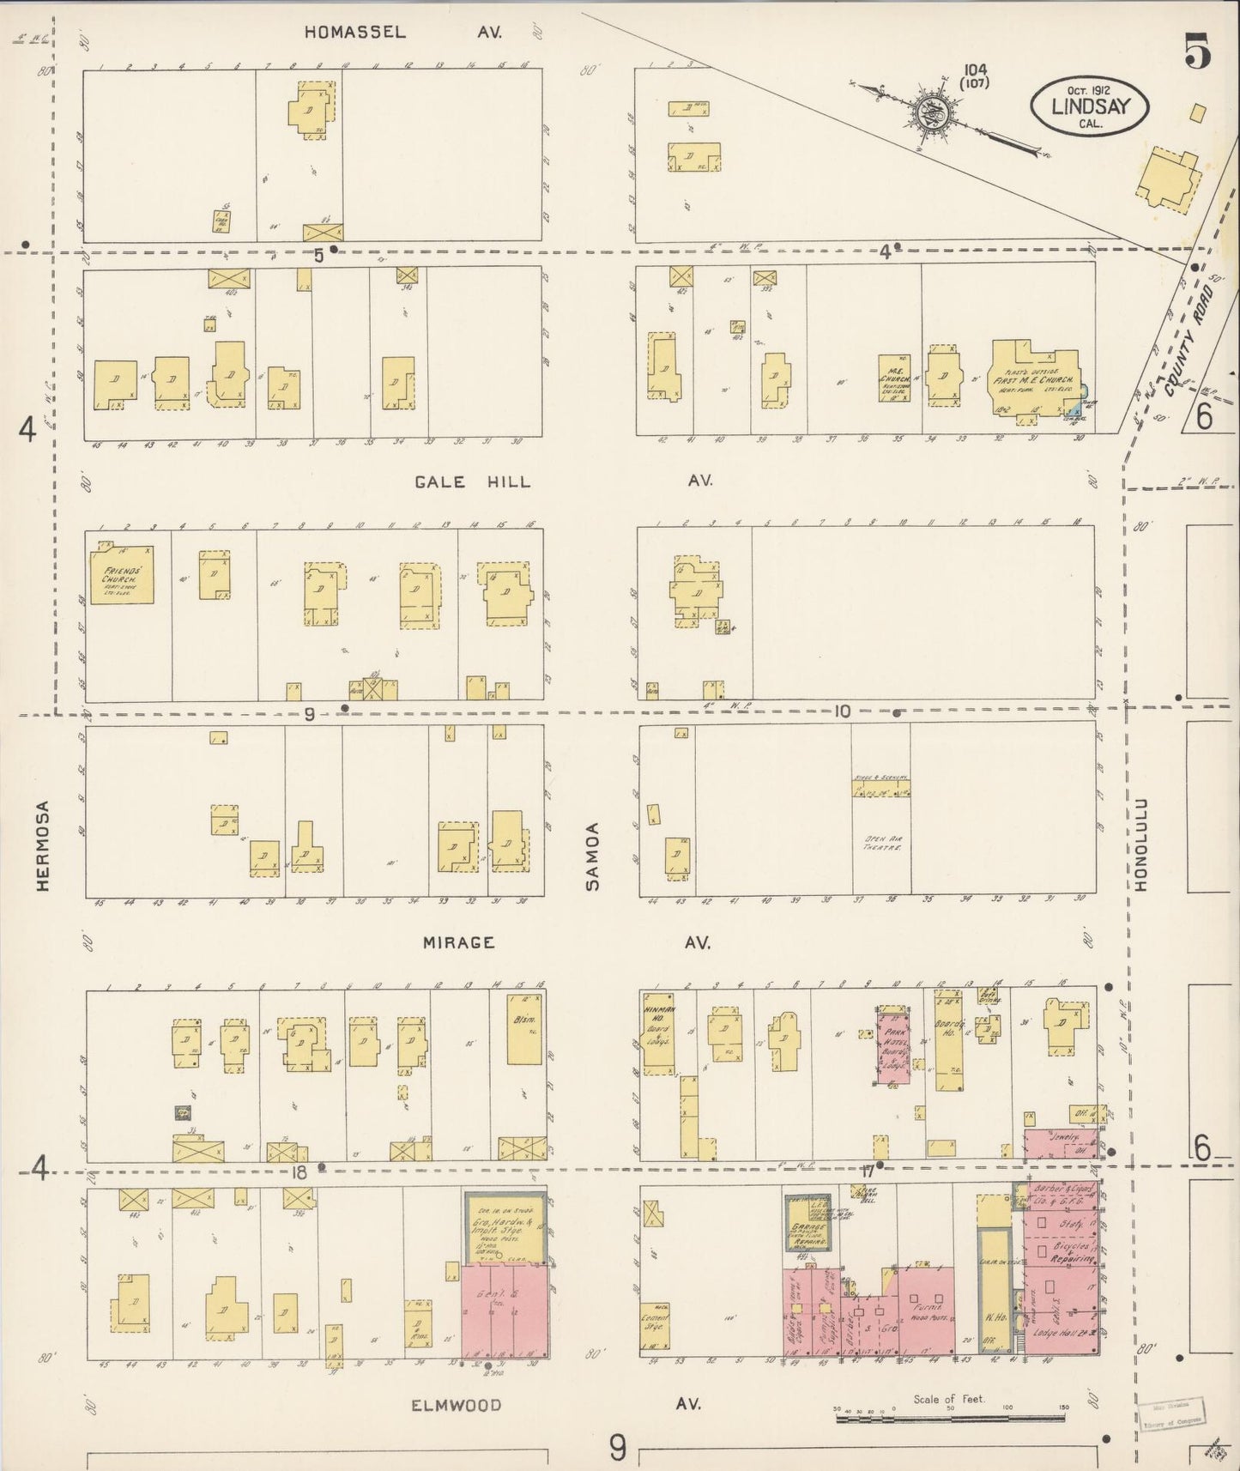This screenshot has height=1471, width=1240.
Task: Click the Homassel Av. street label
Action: (x=355, y=33)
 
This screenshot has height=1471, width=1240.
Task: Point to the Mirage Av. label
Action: (x=459, y=942)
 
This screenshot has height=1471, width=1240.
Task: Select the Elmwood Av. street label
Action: (x=456, y=1405)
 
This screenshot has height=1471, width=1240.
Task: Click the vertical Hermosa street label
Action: (x=44, y=845)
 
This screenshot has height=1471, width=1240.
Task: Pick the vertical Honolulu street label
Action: (x=1141, y=845)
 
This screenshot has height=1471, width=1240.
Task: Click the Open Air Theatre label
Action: (x=881, y=843)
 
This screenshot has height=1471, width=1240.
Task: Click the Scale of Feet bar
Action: (x=950, y=1420)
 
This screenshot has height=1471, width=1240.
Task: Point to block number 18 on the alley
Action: (x=299, y=1172)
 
